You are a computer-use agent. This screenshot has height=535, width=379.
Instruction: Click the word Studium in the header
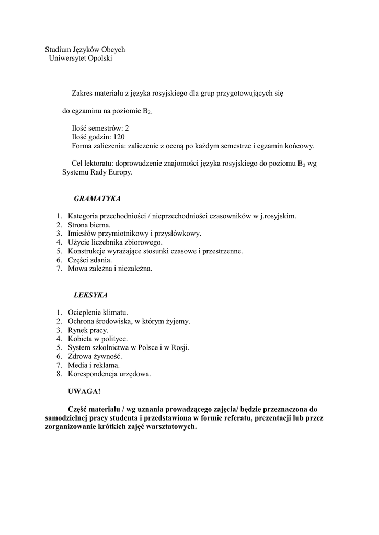pyautogui.click(x=58, y=50)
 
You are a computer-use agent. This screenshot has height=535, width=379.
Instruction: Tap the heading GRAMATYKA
pyautogui.click(x=97, y=199)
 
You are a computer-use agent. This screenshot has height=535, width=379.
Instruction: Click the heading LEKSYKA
pyautogui.click(x=90, y=295)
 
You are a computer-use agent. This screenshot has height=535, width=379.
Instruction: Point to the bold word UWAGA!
pyautogui.click(x=84, y=391)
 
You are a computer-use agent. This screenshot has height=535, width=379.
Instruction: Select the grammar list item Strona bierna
pyautogui.click(x=89, y=225)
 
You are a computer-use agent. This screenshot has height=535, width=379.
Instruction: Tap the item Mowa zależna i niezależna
pyautogui.click(x=110, y=269)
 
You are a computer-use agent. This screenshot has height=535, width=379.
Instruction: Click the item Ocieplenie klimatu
pyautogui.click(x=98, y=312)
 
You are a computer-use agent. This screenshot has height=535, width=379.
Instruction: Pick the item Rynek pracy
pyautogui.click(x=88, y=330)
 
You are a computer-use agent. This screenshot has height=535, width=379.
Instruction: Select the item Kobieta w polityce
pyautogui.click(x=98, y=339)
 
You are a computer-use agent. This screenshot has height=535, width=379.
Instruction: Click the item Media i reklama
pyautogui.click(x=94, y=365)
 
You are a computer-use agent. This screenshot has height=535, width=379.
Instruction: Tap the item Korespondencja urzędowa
pyautogui.click(x=109, y=374)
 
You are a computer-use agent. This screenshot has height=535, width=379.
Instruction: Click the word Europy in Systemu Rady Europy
pyautogui.click(x=121, y=172)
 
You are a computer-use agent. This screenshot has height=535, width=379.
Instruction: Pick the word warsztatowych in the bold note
pyautogui.click(x=171, y=426)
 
